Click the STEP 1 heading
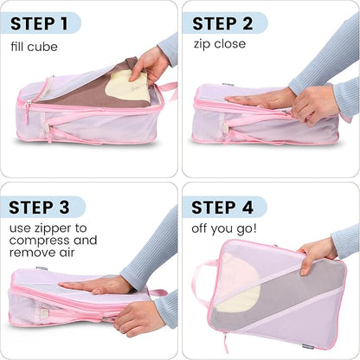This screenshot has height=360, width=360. click(x=40, y=22)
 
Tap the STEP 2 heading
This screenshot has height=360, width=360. click(x=222, y=22)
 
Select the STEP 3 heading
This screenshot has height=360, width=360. click(x=42, y=207)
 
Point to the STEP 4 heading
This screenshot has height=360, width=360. click(x=224, y=207)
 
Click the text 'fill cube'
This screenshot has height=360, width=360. click(x=35, y=46)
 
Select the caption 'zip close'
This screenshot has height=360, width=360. click(x=219, y=44)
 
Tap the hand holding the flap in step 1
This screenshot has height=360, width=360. click(x=151, y=65)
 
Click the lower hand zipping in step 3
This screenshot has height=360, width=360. click(x=138, y=318)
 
